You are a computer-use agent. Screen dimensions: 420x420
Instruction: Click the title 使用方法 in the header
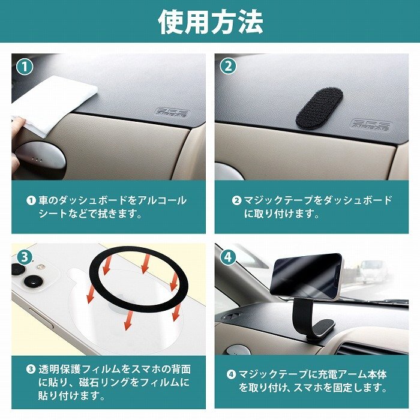(211, 22)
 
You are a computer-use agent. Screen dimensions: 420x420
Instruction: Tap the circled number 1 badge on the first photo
(25, 67)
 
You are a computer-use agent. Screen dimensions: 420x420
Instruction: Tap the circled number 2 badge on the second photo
(228, 67)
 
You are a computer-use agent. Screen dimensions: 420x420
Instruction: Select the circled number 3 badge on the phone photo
(25, 257)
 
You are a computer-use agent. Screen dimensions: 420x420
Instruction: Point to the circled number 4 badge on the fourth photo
(228, 257)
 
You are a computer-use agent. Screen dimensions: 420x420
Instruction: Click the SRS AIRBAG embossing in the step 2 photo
(371, 125)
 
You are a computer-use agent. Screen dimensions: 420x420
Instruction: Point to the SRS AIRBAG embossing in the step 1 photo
(173, 113)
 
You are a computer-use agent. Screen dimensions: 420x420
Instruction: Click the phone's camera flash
(41, 267)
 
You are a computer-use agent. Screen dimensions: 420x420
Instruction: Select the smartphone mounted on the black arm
(306, 275)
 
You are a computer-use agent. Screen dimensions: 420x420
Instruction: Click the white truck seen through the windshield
(374, 271)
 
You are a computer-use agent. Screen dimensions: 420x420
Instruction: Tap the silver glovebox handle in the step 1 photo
(40, 155)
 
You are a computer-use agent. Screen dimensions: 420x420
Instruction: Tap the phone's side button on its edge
(41, 318)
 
